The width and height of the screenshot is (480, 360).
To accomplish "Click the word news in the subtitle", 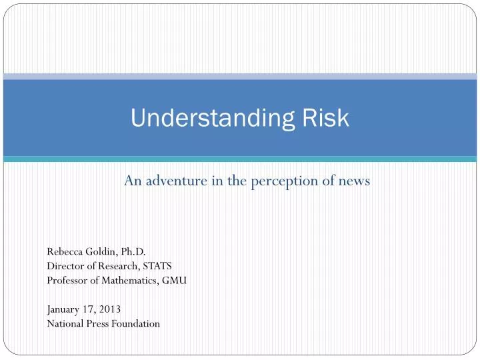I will click(355, 181).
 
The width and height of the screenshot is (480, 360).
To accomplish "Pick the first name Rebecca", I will click(63, 251).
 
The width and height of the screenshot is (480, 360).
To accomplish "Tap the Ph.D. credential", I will click(133, 251).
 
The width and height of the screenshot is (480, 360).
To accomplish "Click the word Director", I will click(64, 266).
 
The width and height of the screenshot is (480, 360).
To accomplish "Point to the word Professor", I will click(66, 281).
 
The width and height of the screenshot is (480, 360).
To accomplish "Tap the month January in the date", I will click(63, 309).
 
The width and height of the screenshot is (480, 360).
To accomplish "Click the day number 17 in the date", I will click(89, 309).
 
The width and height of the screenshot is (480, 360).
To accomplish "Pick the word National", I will click(65, 324).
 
